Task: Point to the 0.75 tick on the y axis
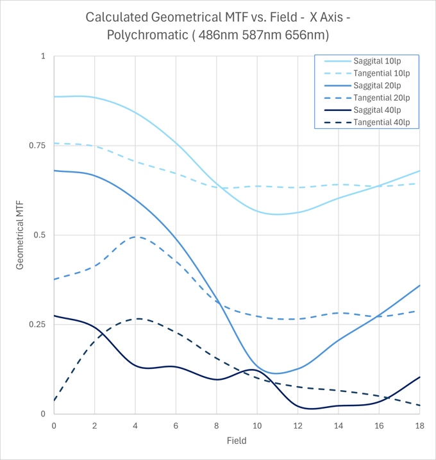click(x=37, y=146)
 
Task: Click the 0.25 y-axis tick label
click(x=37, y=325)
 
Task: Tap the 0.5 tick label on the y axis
click(x=40, y=235)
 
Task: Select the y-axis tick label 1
click(x=44, y=56)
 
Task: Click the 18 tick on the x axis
click(x=419, y=426)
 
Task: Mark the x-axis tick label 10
click(x=257, y=426)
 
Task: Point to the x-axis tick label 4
click(x=135, y=426)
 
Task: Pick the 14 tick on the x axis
click(x=338, y=426)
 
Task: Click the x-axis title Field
click(x=237, y=441)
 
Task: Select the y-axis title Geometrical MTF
click(x=20, y=235)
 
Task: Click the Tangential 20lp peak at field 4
click(x=135, y=237)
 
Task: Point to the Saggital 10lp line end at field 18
click(x=419, y=171)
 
